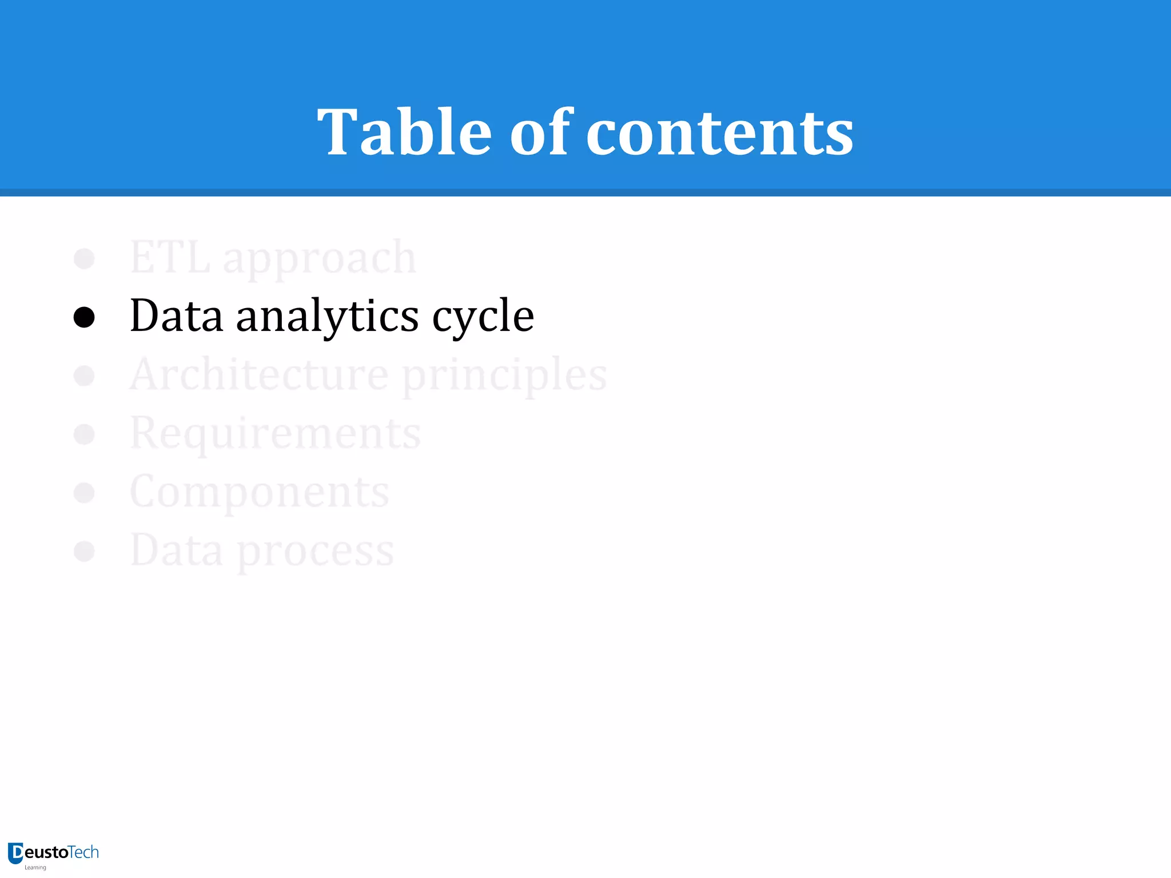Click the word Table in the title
pos(404,132)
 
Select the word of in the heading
pos(541,132)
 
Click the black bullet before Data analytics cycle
pos(84,317)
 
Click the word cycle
pos(483,317)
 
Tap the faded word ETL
pos(170,258)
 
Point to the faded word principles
pos(505,377)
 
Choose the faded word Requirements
pos(275,434)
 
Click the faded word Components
pos(260,492)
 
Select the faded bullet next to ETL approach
pos(84,258)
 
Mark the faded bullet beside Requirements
pos(84,434)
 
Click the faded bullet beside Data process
pos(84,551)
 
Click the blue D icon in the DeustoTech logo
pos(15,853)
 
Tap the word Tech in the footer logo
pos(83,852)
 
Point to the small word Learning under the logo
pos(35,868)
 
